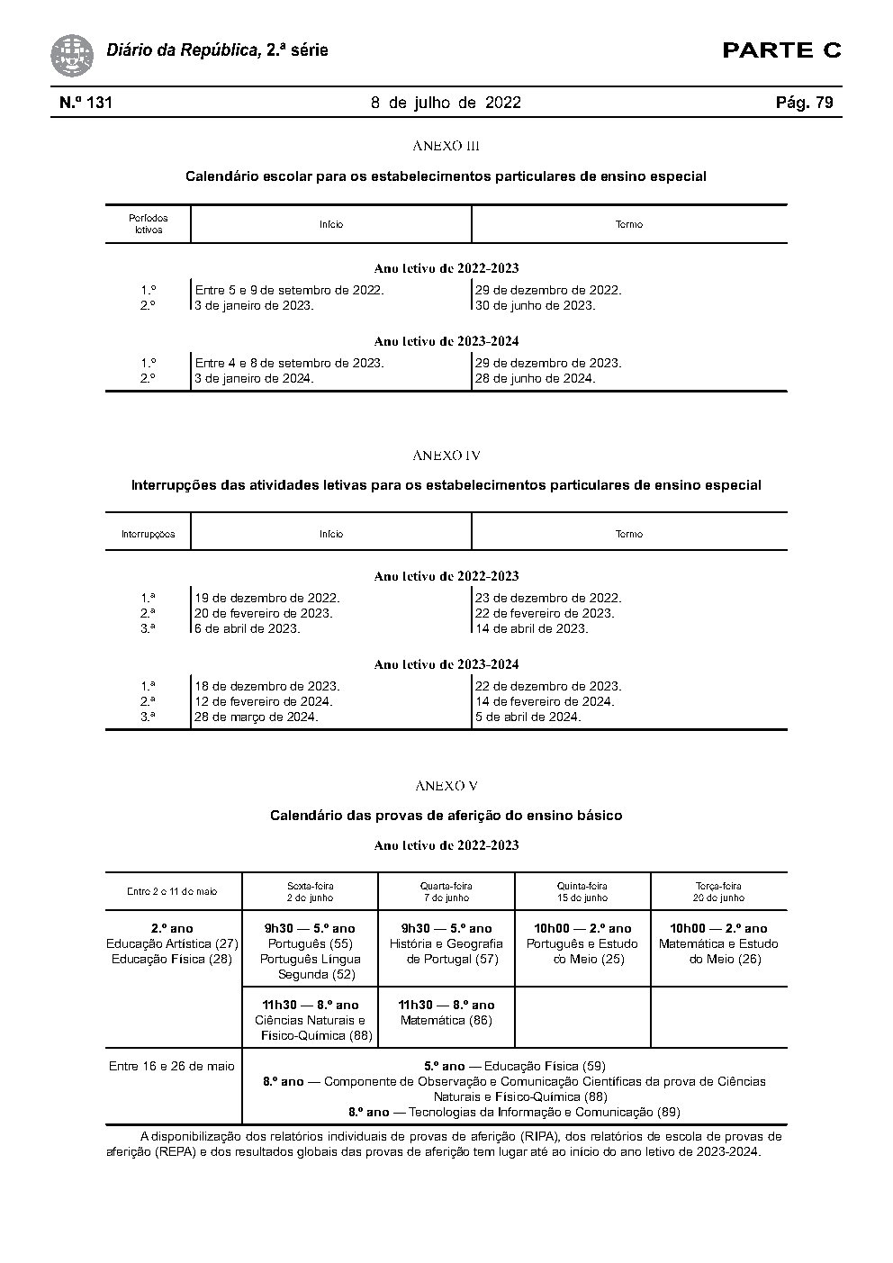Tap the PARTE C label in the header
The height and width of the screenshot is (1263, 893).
[x=781, y=50]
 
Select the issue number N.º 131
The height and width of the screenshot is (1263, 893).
[x=86, y=103]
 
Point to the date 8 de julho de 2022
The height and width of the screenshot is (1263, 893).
[x=446, y=103]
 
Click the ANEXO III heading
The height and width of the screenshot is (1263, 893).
[x=446, y=146]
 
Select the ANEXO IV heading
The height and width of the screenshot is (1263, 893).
[x=446, y=456]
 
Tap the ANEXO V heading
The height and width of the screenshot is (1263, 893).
[x=446, y=786]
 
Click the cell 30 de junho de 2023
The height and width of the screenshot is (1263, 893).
[x=535, y=305]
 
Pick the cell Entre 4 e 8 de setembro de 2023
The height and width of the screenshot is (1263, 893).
[x=289, y=363]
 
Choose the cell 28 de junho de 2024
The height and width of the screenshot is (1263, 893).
[x=535, y=378]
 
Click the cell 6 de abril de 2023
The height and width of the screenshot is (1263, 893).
[x=248, y=628]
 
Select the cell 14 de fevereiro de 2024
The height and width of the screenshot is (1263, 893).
[x=545, y=701]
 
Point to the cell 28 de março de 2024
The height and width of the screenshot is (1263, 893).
[x=257, y=717]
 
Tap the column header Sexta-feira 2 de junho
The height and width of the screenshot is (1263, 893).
[x=310, y=891]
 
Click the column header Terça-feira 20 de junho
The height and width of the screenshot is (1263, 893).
[x=718, y=891]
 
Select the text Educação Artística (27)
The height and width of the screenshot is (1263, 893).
[x=172, y=943]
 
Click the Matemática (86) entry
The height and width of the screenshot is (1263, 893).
[x=446, y=1020]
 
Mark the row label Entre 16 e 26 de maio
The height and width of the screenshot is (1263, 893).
[x=172, y=1066]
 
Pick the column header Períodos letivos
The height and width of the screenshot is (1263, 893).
[x=148, y=223]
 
